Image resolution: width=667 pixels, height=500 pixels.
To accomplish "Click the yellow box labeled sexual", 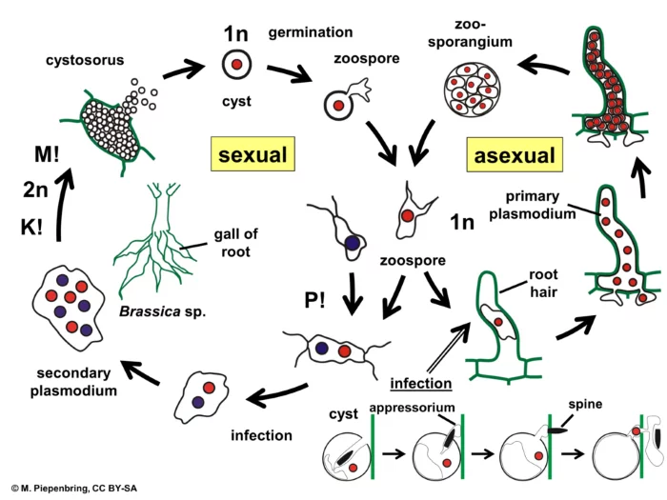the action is click(x=253, y=154).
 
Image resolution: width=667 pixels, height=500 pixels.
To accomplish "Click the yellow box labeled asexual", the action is click(x=515, y=154).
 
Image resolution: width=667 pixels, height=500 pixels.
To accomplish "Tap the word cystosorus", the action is click(x=85, y=60).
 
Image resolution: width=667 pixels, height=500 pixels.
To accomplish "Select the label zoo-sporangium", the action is click(x=470, y=32).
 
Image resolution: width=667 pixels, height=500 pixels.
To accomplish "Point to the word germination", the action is click(x=311, y=32).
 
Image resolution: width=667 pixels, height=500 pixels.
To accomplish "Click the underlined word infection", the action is click(x=421, y=383).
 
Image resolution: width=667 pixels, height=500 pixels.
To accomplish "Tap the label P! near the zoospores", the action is click(x=315, y=301).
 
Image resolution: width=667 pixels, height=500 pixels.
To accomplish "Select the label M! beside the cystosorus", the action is click(x=47, y=154).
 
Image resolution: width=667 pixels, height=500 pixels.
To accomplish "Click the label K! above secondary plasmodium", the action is click(x=31, y=227).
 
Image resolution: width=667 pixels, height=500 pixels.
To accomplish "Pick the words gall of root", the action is click(x=235, y=243).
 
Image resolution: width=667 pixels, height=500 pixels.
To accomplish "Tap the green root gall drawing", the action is click(x=155, y=240).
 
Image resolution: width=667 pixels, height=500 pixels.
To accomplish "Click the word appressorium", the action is click(x=413, y=408).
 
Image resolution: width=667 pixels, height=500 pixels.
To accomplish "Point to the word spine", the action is click(x=585, y=404).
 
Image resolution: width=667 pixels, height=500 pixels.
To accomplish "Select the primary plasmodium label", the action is click(x=532, y=205).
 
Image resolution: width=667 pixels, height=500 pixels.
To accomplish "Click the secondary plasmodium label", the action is click(x=73, y=382).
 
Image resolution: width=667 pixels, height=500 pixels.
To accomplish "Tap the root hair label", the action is click(x=543, y=283).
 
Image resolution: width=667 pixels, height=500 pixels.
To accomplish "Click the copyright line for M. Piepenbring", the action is click(x=74, y=489).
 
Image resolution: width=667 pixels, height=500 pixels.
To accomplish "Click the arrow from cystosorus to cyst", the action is click(x=184, y=70).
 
